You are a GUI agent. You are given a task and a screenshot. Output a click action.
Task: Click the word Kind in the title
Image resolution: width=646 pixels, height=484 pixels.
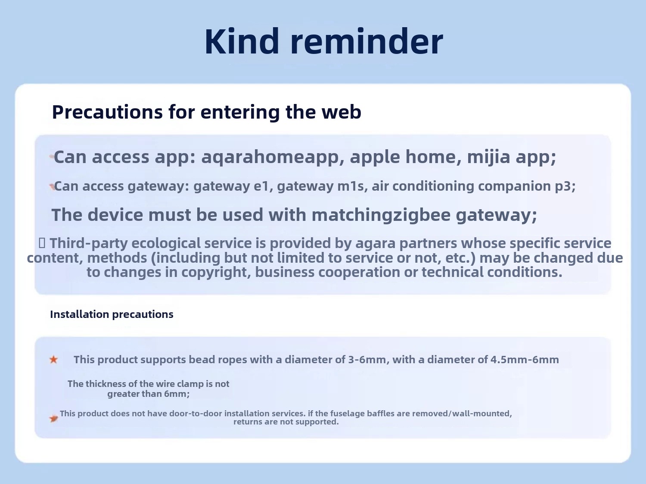click(x=242, y=41)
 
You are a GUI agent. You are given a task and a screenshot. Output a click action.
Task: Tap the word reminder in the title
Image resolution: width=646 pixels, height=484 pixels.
click(x=366, y=41)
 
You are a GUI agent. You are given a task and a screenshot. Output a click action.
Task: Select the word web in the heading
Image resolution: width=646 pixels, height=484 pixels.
click(x=342, y=112)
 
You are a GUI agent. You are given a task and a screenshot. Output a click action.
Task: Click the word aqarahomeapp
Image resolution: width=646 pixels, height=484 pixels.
click(x=273, y=157)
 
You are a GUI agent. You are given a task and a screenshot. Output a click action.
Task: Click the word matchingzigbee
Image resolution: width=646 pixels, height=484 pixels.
click(x=381, y=215)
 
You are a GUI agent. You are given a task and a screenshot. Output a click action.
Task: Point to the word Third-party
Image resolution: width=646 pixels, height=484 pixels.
click(x=89, y=243)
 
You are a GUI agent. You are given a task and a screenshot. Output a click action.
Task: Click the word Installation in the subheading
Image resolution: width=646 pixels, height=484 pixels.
click(x=80, y=314)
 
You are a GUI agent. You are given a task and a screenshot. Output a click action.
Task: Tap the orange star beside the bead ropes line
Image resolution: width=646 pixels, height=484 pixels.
click(x=53, y=360)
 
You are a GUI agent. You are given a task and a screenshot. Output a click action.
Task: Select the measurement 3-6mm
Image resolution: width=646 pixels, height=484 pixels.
click(x=367, y=360)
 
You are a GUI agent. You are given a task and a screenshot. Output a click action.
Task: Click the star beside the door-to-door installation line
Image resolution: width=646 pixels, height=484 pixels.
click(x=53, y=418)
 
